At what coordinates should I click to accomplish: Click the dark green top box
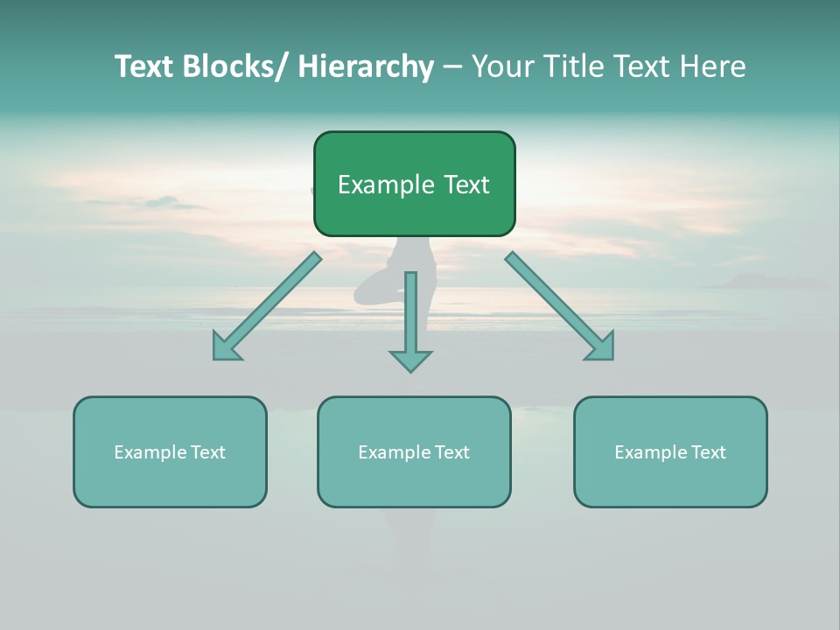(414, 184)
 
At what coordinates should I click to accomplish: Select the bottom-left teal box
(170, 451)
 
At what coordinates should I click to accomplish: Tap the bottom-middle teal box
(414, 451)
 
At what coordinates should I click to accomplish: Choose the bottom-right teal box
(670, 451)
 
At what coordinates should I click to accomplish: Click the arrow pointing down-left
(267, 305)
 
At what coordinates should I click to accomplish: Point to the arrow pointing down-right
(559, 305)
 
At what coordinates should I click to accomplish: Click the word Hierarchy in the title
(366, 66)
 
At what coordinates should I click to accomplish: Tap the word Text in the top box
(465, 185)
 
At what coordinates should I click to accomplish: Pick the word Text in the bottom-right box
(708, 452)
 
